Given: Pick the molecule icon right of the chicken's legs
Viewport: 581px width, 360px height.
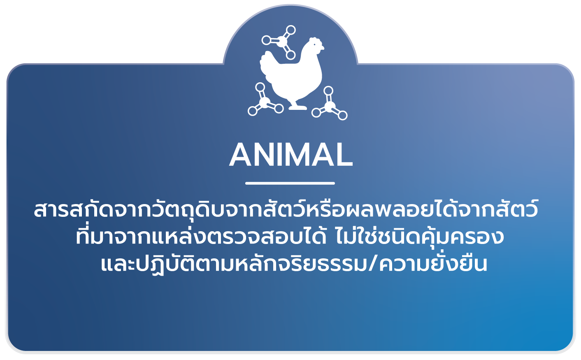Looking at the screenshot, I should [x=330, y=105].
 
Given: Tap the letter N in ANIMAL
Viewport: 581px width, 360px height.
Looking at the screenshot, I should [x=264, y=155].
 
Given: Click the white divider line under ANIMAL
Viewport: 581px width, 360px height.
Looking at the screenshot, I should [x=290, y=183].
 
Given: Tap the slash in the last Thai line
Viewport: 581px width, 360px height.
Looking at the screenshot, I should [x=373, y=264].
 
